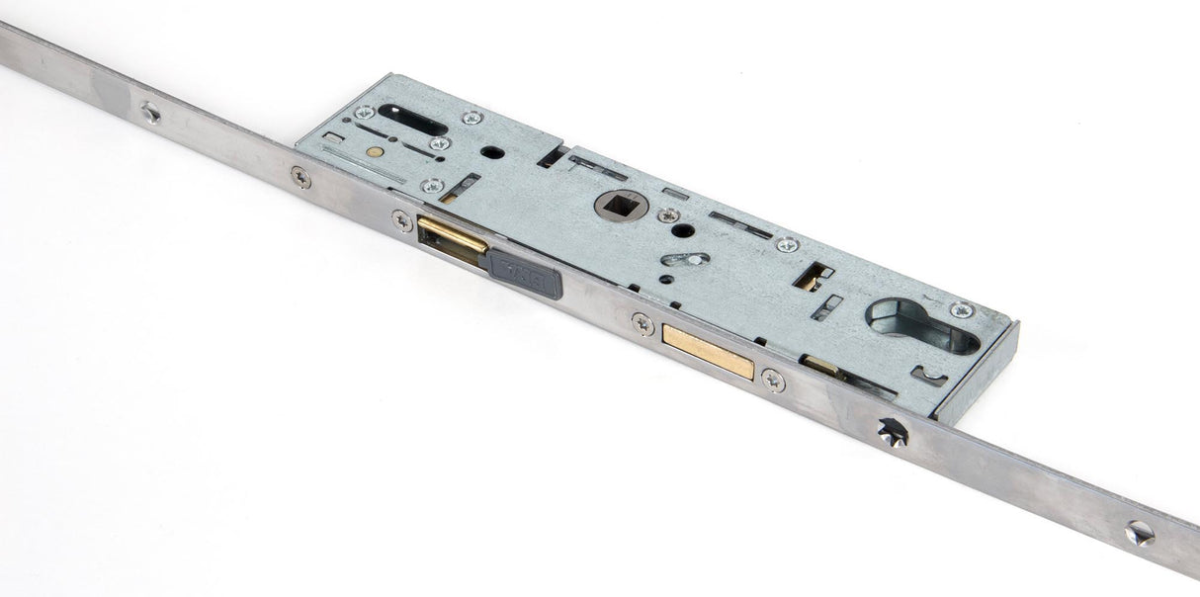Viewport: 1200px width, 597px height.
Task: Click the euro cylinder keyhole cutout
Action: [x=921, y=325]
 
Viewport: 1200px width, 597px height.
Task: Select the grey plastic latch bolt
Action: [x=524, y=273]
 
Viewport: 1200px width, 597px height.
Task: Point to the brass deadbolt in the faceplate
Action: [x=708, y=351]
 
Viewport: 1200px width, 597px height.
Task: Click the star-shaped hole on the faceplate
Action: [x=891, y=432]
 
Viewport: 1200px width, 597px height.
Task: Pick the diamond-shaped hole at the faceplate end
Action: [x=1139, y=533]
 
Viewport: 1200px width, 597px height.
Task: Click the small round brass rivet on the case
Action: [x=374, y=151]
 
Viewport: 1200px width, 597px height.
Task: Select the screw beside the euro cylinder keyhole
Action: [x=962, y=310]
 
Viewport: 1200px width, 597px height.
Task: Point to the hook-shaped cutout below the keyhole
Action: [x=928, y=376]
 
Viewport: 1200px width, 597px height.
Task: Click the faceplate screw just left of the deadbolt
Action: [x=643, y=322]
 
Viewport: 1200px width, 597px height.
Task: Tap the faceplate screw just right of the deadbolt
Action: [x=773, y=380]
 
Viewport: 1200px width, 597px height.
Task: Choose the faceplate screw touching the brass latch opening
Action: [x=402, y=220]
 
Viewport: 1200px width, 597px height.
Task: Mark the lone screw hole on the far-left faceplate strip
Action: [x=150, y=113]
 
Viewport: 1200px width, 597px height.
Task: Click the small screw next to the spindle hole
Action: [x=669, y=214]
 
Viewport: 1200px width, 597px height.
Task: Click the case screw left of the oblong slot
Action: [x=364, y=112]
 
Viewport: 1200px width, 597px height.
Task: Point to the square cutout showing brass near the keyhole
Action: [x=813, y=276]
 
